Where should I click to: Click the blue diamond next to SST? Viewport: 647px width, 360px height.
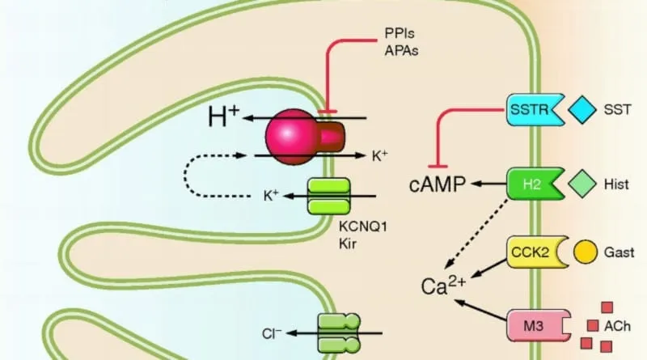click(580, 108)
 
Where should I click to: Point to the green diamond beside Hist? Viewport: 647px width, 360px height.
click(580, 184)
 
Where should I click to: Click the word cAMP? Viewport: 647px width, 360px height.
click(437, 185)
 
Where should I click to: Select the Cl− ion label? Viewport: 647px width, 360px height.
click(272, 332)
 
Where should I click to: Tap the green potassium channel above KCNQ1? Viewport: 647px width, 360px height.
click(328, 196)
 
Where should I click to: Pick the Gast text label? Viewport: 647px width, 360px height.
click(619, 252)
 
